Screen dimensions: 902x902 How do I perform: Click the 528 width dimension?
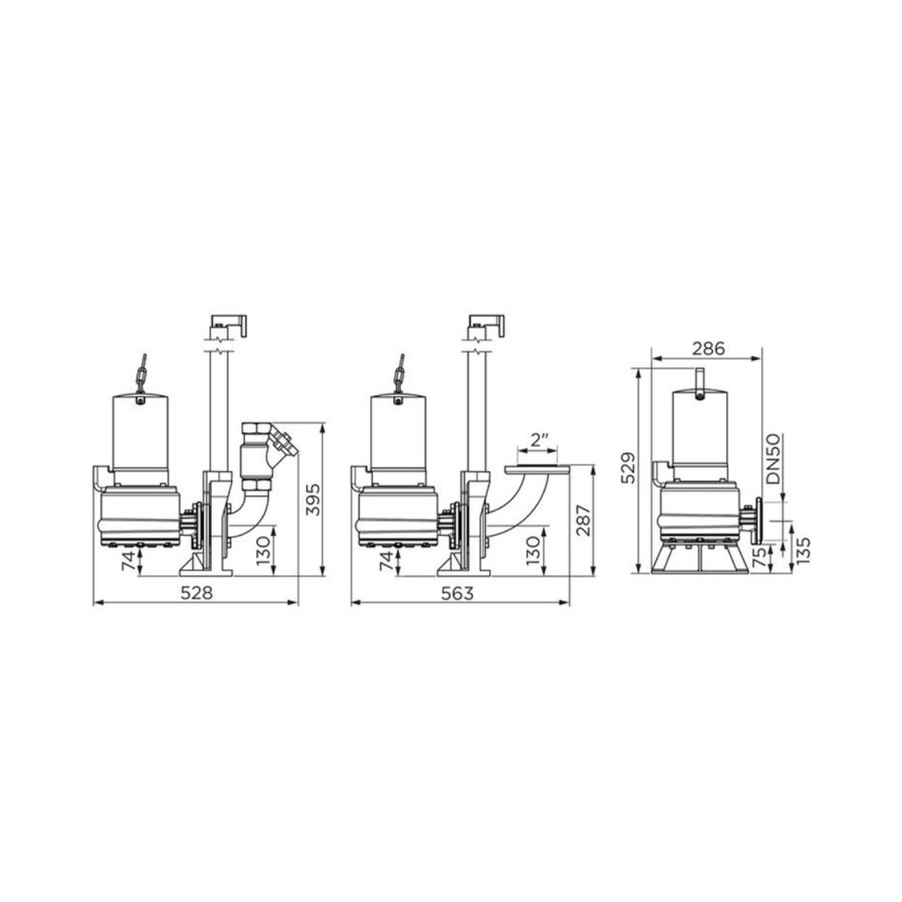point(196,592)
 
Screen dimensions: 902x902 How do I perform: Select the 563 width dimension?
point(457,593)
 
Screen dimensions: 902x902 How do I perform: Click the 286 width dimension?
point(707,349)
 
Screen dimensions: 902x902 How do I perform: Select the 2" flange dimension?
point(537,440)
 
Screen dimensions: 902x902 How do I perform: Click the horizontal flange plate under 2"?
point(537,469)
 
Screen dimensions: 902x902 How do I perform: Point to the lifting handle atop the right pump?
point(700,380)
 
